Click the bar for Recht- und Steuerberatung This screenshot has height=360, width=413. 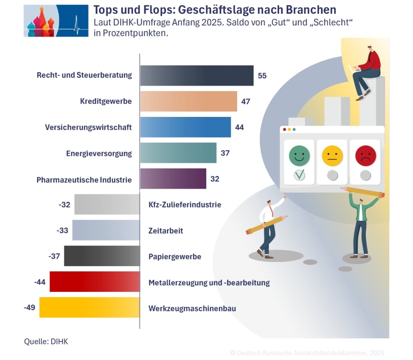(x=197, y=75)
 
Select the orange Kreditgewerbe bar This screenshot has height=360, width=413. (x=188, y=101)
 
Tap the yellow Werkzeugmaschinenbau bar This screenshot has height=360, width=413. (x=89, y=308)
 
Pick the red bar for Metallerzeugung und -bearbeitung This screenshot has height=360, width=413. (x=94, y=282)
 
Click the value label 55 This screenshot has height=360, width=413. (x=262, y=75)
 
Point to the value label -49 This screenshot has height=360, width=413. (x=29, y=308)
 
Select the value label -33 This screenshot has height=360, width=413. (x=62, y=231)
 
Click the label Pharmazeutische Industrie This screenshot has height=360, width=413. (x=84, y=179)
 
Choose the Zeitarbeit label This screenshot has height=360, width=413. (x=166, y=231)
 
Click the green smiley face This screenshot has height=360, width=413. (x=299, y=156)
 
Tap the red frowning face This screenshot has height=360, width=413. (x=365, y=155)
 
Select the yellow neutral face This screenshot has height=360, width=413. (x=332, y=156)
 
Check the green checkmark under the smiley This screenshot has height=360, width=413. (x=299, y=175)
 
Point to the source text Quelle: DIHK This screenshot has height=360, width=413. (x=46, y=341)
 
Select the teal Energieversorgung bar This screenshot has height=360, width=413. (x=178, y=153)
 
